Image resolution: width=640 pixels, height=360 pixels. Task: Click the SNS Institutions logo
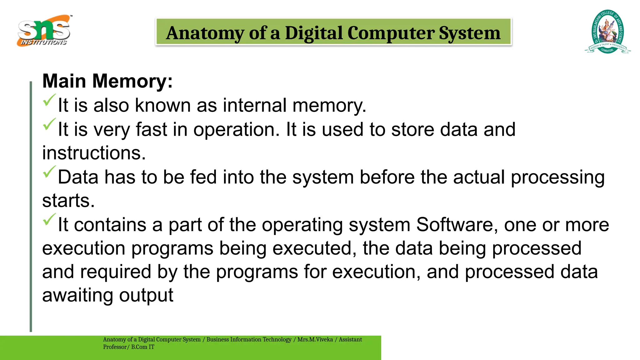pyautogui.click(x=44, y=31)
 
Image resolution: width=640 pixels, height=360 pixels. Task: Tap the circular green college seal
pyautogui.click(x=607, y=32)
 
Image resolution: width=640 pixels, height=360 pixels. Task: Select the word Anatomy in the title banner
pyautogui.click(x=205, y=33)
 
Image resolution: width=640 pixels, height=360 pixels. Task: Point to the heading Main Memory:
pyautogui.click(x=107, y=81)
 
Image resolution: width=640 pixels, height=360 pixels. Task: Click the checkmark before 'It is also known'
pyautogui.click(x=49, y=100)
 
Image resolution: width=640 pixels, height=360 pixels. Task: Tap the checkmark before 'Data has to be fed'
pyautogui.click(x=49, y=172)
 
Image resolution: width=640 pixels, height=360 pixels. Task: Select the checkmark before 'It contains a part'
pyautogui.click(x=49, y=219)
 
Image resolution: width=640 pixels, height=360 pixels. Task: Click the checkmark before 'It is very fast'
pyautogui.click(x=49, y=124)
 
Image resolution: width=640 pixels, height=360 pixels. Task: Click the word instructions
pyautogui.click(x=94, y=153)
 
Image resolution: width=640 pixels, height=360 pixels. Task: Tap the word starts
pyautogui.click(x=68, y=201)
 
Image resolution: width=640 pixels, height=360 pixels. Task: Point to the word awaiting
pyautogui.click(x=77, y=295)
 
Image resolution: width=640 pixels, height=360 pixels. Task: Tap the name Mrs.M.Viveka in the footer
pyautogui.click(x=315, y=339)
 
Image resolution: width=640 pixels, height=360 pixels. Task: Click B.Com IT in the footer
pyautogui.click(x=142, y=347)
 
